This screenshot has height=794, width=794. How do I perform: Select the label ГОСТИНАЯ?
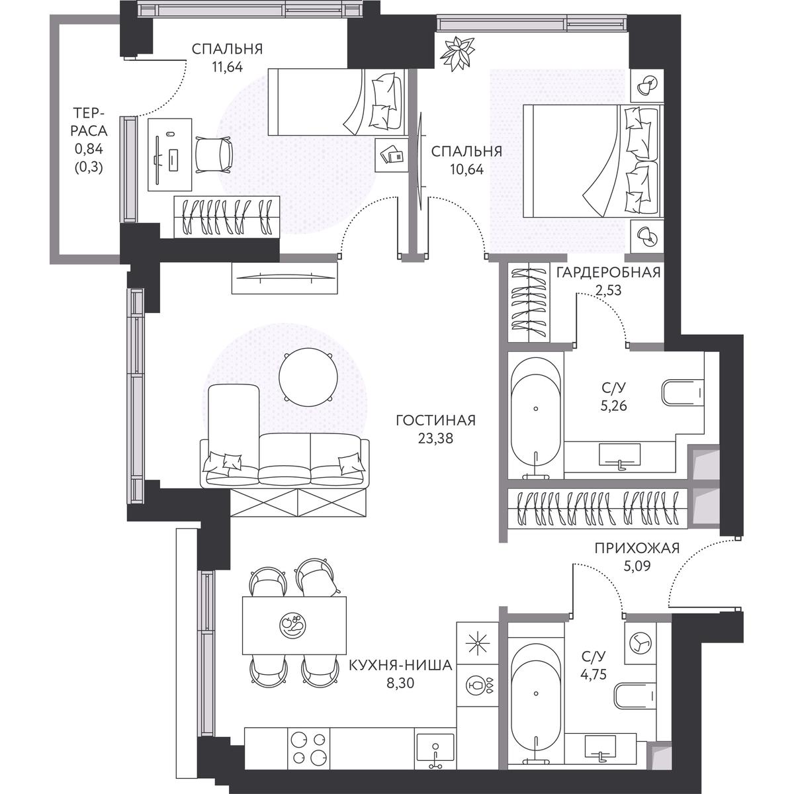pos(435,421)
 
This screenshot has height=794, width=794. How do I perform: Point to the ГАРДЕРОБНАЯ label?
pos(609,273)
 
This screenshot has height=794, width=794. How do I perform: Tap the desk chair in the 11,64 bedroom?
pos(214,155)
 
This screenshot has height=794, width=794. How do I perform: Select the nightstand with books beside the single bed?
pos(392,155)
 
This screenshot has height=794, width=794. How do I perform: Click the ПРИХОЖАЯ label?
pos(637,549)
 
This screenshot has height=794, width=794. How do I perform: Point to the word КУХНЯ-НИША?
pos(400,666)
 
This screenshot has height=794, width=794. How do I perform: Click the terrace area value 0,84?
pos(89,149)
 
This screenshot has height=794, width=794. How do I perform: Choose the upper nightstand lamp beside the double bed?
pos(647,87)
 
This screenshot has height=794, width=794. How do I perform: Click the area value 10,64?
pos(467,169)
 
